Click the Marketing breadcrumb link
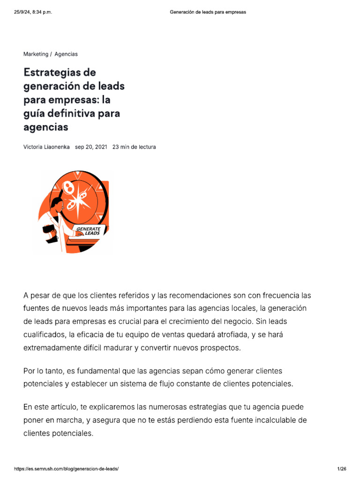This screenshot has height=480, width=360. point(36,54)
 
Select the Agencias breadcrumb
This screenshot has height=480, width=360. point(66,54)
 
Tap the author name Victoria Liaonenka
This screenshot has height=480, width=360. point(46,147)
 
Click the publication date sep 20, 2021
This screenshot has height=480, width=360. point(91,147)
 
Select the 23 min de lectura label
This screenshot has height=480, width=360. point(134,147)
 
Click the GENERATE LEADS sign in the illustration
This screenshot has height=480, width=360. point(88,231)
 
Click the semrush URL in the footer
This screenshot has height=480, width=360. point(66,469)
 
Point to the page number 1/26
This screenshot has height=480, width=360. point(341,469)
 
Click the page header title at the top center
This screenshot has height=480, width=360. point(208,12)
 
